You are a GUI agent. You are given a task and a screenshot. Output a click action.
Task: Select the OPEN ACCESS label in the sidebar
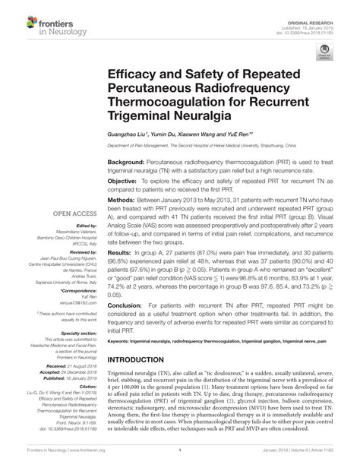73,213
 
